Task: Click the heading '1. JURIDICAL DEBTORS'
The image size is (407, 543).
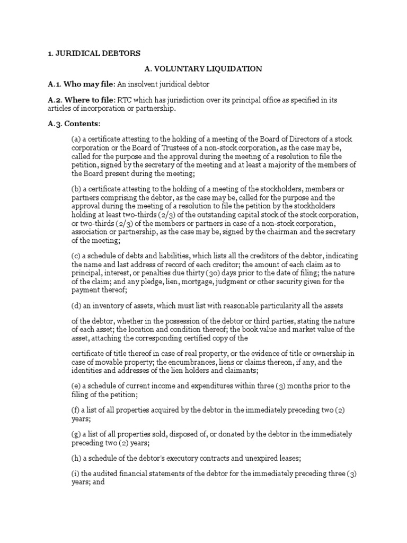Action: click(x=94, y=53)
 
